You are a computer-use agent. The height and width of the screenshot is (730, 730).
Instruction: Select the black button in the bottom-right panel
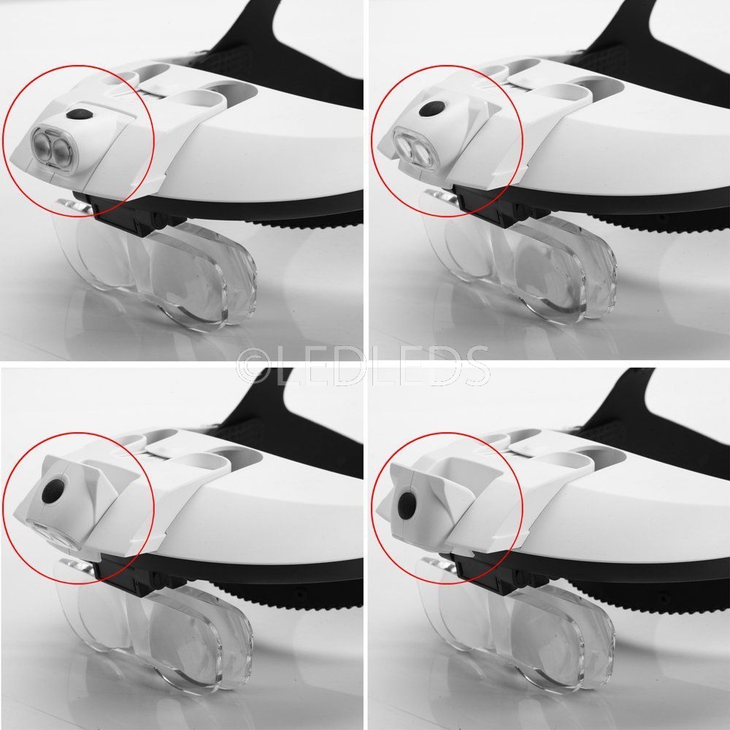point(406,504)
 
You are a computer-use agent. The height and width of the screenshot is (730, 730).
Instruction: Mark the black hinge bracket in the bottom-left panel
point(131,575)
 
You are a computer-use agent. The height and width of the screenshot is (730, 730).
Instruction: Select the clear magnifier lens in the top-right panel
point(521,266)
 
